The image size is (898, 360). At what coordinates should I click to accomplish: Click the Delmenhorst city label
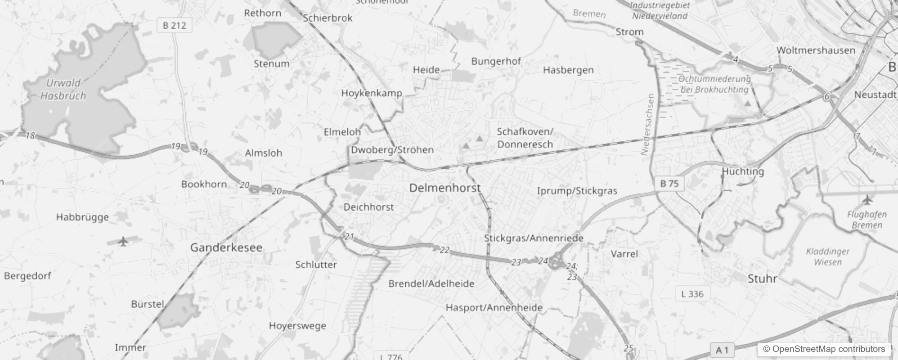tap(445, 188)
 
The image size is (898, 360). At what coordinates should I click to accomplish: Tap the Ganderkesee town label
tap(226, 247)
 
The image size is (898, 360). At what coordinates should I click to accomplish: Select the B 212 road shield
tap(175, 25)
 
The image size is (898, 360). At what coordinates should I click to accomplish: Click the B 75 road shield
tap(669, 183)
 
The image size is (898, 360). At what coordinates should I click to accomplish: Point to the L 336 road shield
tap(692, 294)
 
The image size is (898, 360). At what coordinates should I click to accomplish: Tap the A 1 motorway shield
tap(722, 350)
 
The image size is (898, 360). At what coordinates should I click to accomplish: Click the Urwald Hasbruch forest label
tap(63, 89)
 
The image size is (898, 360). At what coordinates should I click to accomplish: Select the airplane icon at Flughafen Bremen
tap(867, 199)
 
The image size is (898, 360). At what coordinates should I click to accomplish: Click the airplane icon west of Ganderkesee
tap(123, 241)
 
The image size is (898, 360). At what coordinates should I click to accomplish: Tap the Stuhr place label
tap(762, 279)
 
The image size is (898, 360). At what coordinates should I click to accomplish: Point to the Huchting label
tap(743, 171)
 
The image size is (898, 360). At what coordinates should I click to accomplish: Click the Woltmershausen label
tap(816, 50)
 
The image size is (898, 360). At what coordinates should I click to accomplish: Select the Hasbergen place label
tap(568, 70)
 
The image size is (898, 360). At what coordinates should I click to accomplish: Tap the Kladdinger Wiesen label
tap(828, 256)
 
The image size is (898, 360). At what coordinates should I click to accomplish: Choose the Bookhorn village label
tap(204, 184)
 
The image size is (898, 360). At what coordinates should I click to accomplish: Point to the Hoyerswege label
tap(297, 325)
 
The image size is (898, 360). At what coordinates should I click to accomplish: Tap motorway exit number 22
tap(445, 250)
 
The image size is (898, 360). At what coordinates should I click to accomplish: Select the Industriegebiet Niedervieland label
tap(660, 11)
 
